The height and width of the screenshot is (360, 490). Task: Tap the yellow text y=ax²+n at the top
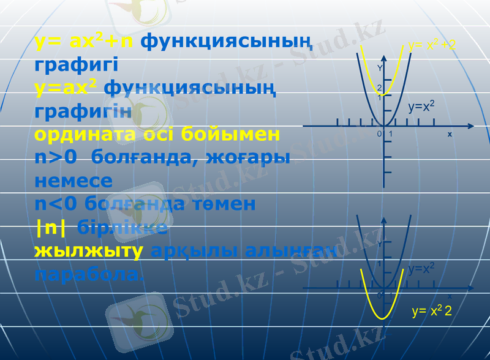tap(85, 42)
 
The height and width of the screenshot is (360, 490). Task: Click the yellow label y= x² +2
tap(432, 45)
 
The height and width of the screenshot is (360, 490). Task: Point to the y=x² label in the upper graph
tap(421, 107)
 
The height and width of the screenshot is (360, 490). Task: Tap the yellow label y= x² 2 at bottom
tap(432, 312)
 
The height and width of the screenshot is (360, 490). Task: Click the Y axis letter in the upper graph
tap(380, 68)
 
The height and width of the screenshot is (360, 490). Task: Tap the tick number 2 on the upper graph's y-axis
tap(379, 88)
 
